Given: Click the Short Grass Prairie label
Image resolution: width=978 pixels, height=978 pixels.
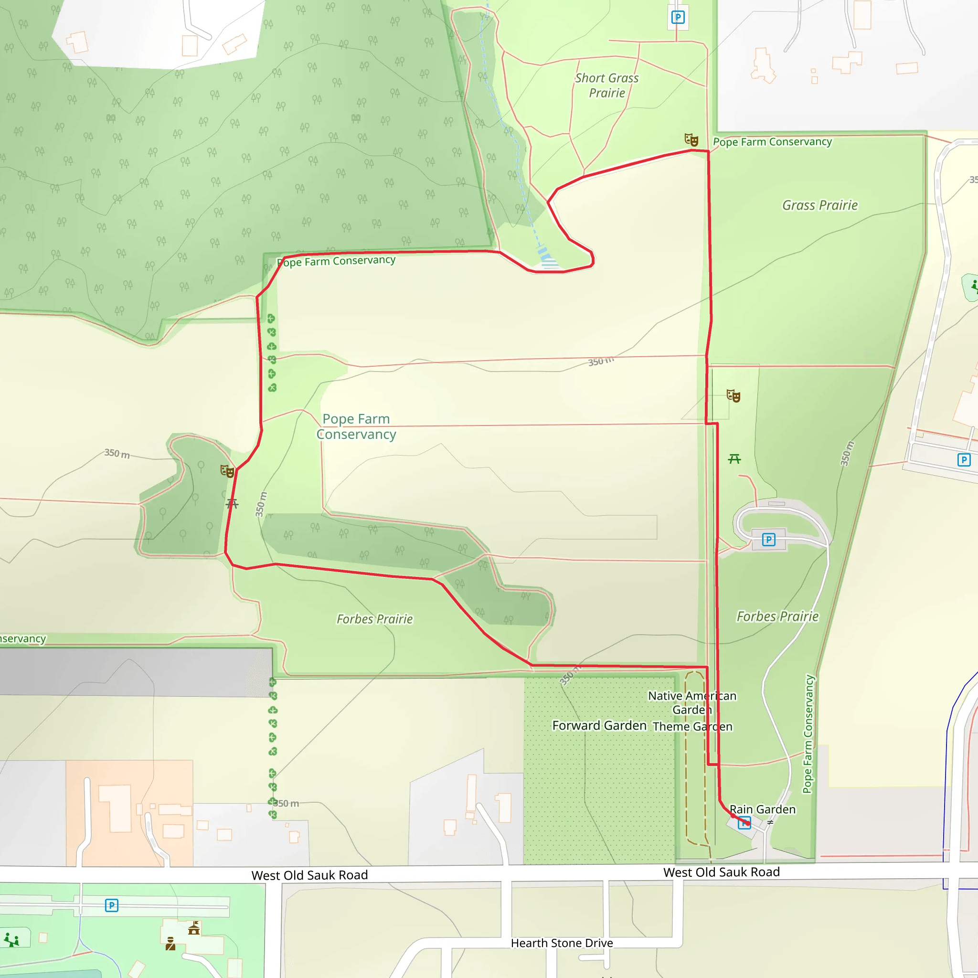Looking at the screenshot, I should [606, 85].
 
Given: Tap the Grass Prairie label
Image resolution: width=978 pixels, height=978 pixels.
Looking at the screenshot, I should [819, 205].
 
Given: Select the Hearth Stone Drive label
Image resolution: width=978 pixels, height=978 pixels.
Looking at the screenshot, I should [562, 943].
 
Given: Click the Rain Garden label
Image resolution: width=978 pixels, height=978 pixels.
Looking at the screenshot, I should [762, 809].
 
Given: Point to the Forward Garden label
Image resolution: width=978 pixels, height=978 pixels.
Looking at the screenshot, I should [599, 725].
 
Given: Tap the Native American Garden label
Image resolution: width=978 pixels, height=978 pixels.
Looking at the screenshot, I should [691, 702].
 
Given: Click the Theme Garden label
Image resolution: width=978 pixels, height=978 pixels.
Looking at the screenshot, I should [692, 726].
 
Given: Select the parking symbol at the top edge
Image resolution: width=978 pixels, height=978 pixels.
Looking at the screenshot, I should [677, 18].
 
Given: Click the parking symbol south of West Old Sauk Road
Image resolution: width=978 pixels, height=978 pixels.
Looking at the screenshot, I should [111, 905].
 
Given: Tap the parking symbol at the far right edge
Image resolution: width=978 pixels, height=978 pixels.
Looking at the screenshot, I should [964, 460].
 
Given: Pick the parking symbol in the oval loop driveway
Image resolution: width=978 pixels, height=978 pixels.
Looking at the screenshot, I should [768, 540].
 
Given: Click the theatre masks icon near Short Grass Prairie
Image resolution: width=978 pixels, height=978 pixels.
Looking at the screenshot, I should [691, 140].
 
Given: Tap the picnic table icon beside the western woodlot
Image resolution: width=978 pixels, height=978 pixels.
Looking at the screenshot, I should [232, 503].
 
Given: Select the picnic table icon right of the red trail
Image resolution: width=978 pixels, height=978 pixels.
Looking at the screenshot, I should [734, 459].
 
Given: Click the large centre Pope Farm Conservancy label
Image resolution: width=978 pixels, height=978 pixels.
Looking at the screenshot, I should [356, 427].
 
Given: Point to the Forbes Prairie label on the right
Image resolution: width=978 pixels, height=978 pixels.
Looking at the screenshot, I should [777, 617].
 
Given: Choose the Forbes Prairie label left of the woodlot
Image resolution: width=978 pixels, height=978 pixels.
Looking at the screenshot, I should [374, 619].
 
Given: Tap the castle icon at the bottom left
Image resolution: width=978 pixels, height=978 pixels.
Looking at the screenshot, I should [194, 928].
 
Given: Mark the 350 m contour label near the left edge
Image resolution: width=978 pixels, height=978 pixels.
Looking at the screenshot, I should [117, 454].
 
